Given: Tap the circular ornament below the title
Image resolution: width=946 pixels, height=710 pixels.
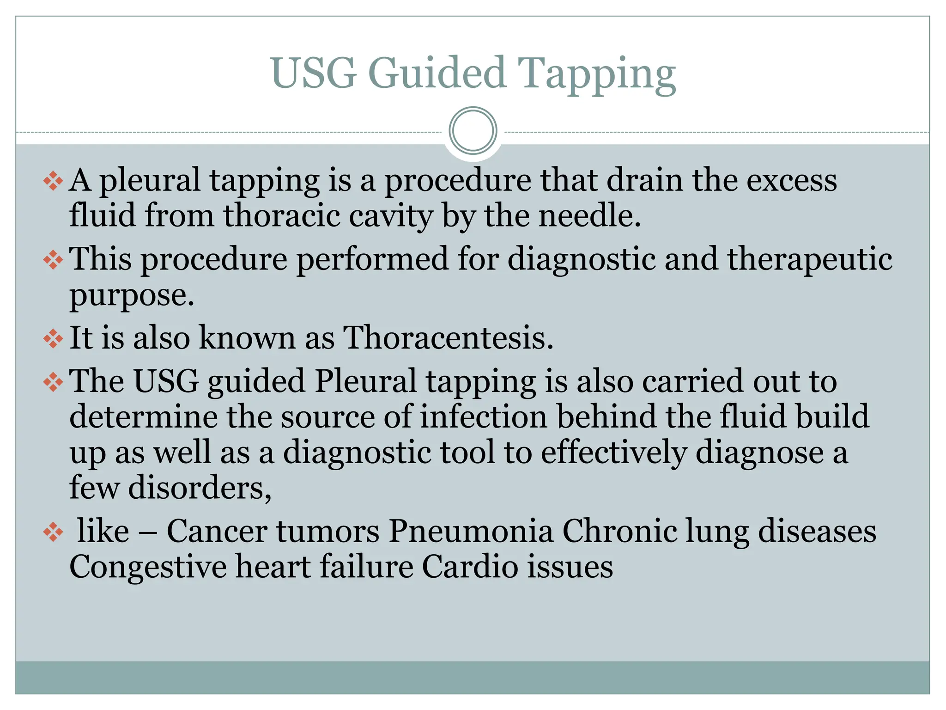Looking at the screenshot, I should (x=473, y=131).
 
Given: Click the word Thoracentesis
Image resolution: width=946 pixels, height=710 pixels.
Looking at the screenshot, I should (x=448, y=337).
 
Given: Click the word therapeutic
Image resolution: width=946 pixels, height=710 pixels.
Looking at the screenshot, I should (x=809, y=259).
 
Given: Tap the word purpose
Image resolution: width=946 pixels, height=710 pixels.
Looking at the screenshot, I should (x=131, y=296).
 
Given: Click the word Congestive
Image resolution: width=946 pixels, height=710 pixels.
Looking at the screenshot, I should (x=148, y=567).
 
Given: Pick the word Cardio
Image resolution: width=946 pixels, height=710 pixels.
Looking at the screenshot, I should (x=470, y=567).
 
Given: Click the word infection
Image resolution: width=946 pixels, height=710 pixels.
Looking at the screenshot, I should (x=483, y=416).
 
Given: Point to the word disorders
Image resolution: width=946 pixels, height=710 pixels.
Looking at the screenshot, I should (x=200, y=488).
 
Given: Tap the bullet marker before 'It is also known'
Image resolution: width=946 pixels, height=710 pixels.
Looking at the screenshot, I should (x=53, y=338).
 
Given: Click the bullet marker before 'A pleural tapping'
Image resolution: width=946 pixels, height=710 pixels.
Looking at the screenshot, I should (x=53, y=181).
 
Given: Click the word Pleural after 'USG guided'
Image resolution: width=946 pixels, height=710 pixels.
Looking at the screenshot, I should (x=365, y=381).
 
